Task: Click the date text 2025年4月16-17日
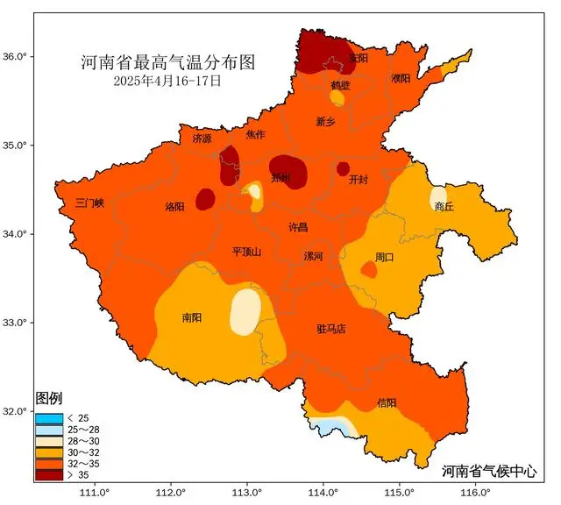click(x=167, y=81)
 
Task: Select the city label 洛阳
click(x=175, y=207)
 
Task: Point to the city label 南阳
click(x=192, y=317)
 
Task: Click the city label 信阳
click(x=387, y=402)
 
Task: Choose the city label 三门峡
click(x=89, y=203)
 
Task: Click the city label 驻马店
click(x=330, y=329)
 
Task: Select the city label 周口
click(x=384, y=257)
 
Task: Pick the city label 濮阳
click(x=401, y=79)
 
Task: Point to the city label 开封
click(x=358, y=180)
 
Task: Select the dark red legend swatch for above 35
click(x=48, y=474)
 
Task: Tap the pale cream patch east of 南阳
click(x=245, y=311)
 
